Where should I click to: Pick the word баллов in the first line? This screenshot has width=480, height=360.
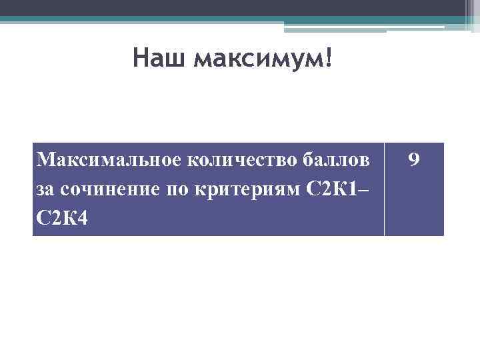(335, 160)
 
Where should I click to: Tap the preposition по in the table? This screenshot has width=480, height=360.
(175, 189)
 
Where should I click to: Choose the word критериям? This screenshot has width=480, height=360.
(245, 189)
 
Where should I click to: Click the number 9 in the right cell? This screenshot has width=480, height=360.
(414, 160)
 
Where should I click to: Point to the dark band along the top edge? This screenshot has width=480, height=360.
(233, 7)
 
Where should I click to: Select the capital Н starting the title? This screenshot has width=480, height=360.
(141, 58)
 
